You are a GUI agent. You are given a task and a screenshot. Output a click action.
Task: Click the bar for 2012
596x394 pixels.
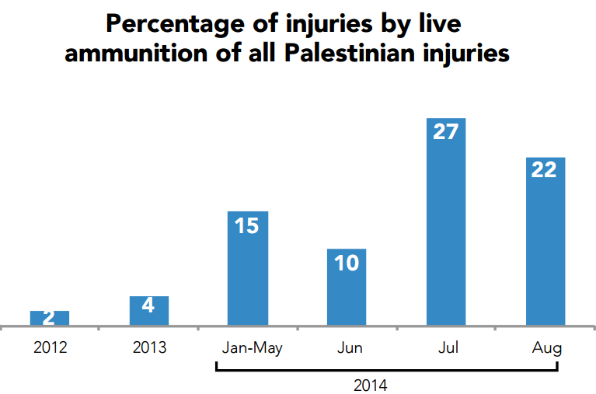click(50, 318)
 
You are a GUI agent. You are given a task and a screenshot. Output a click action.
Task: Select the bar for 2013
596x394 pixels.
click(148, 311)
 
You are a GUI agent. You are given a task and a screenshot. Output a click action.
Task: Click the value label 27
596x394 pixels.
click(445, 132)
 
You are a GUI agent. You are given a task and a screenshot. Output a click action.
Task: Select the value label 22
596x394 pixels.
click(544, 169)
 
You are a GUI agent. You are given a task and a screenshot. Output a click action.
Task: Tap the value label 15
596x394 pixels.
click(246, 225)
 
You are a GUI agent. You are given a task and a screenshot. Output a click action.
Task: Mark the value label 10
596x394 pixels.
click(346, 263)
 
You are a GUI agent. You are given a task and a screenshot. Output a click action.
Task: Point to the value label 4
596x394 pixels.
click(148, 305)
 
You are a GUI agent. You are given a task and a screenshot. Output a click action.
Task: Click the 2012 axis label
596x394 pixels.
click(50, 347)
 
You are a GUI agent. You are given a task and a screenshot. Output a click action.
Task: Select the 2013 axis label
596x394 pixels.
click(149, 347)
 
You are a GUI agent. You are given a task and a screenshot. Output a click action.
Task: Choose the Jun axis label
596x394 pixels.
click(350, 347)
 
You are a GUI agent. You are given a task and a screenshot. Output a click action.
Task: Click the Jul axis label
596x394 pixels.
click(448, 347)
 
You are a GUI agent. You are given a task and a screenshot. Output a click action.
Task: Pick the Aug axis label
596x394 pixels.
click(547, 348)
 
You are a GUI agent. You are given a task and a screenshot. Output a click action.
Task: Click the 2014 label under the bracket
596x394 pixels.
click(370, 385)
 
